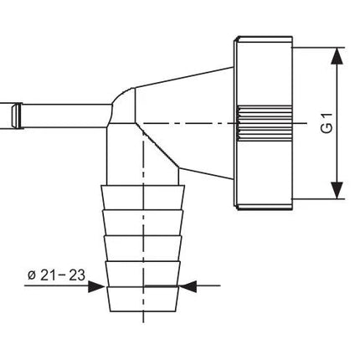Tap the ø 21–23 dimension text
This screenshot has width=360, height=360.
(56, 275)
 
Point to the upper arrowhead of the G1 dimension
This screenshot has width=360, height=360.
(337, 56)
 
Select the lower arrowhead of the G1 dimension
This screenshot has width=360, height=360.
(337, 190)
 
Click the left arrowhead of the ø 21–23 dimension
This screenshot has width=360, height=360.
(96, 285)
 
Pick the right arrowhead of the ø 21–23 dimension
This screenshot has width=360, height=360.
(188, 285)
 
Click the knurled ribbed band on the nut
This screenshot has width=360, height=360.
(264, 123)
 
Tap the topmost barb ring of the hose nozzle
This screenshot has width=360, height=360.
(143, 197)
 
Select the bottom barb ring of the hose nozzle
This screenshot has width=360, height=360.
(143, 299)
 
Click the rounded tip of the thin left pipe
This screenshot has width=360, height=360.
(17, 116)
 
